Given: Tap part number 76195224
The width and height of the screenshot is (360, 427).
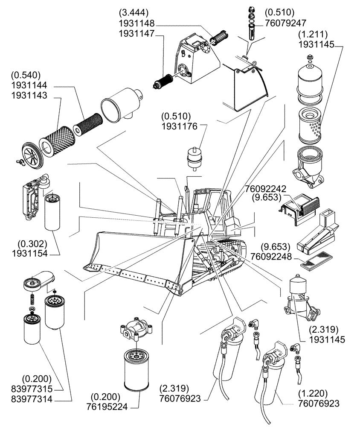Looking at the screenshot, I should click(x=109, y=407).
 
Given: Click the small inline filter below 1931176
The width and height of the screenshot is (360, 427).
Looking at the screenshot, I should click(x=194, y=158).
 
